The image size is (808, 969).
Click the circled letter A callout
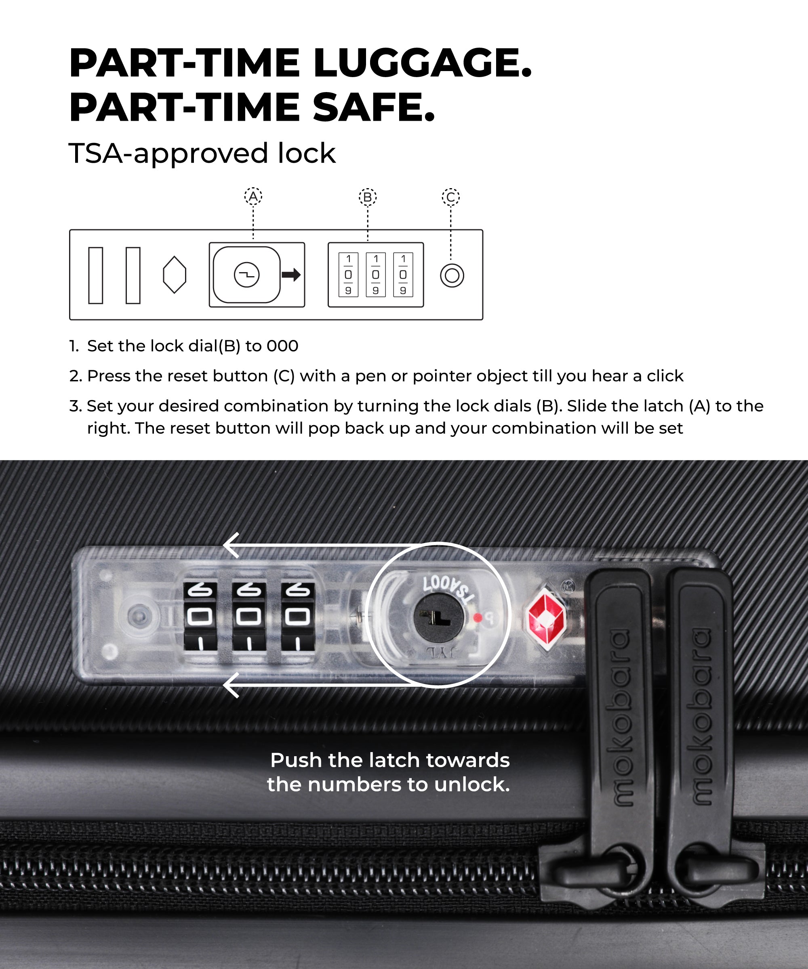point(253,197)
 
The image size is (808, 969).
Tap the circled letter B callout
point(368,197)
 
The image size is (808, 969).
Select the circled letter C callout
point(450,197)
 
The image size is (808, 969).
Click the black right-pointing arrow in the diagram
point(291,275)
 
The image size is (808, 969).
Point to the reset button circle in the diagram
point(452,275)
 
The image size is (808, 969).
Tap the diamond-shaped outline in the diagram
point(175,275)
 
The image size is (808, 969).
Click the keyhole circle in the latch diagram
point(246,275)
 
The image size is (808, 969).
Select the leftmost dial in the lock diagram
point(348,275)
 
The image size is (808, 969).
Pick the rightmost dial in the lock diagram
point(403,275)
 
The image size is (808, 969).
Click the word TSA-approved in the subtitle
point(168,154)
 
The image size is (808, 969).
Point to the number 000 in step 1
point(282,346)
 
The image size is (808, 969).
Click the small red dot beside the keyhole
point(478,617)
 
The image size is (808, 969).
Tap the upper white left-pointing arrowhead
point(231,545)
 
